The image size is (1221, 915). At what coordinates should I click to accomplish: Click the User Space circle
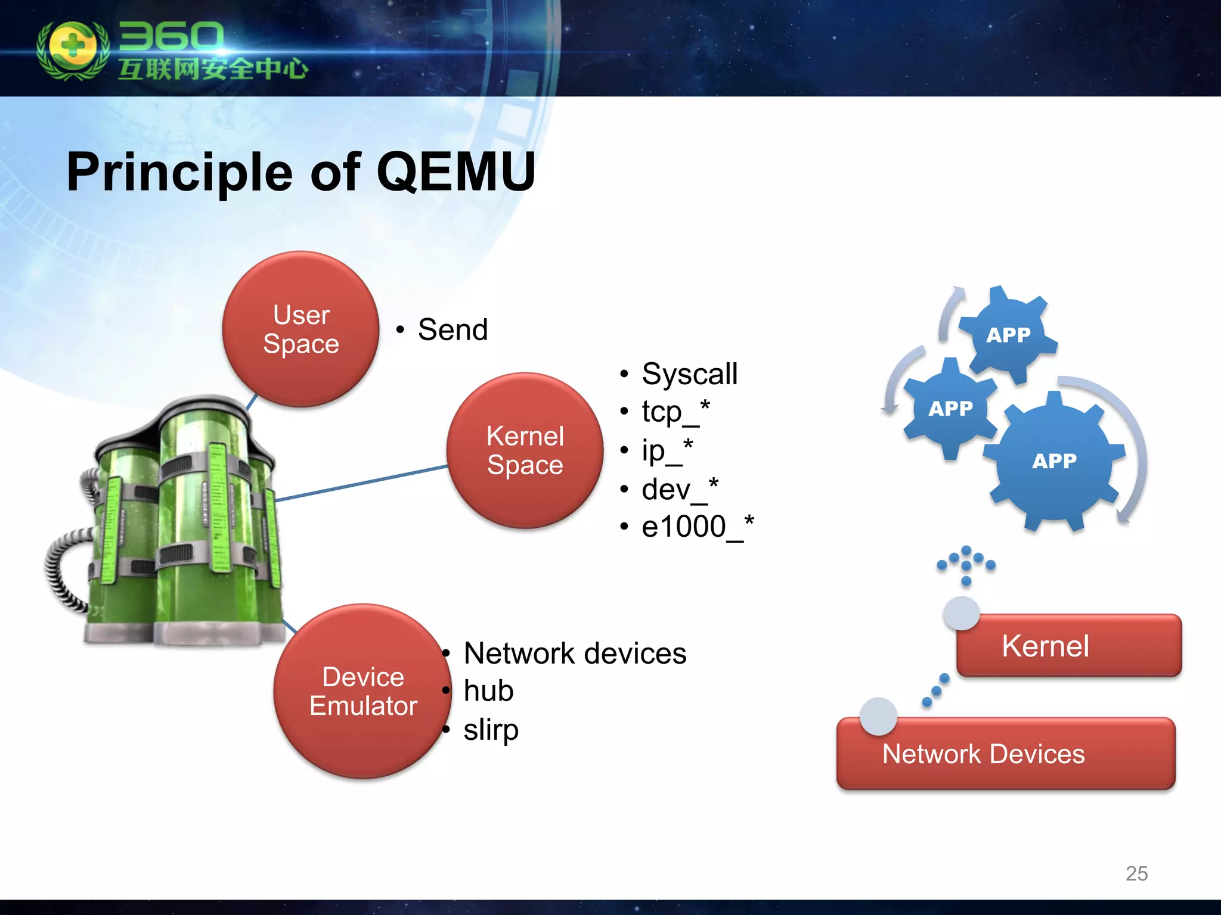tap(300, 329)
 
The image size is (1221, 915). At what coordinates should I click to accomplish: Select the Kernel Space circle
tap(525, 450)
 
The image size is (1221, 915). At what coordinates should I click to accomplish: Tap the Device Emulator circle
tap(362, 691)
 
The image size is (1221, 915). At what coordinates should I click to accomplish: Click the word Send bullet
tap(453, 329)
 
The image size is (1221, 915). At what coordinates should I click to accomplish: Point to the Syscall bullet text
tap(689, 374)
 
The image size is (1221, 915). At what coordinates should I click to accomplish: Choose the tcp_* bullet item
tap(675, 411)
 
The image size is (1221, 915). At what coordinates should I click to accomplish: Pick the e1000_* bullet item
tap(696, 527)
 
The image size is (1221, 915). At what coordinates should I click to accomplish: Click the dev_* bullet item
tap(680, 489)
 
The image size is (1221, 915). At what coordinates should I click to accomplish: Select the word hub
tap(488, 691)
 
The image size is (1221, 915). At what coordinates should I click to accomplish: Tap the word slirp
tap(491, 730)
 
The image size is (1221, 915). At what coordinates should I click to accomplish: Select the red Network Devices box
tap(1005, 754)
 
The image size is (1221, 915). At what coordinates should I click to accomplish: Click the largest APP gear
tap(1054, 460)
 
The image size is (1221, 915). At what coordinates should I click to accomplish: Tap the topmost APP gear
tap(1008, 335)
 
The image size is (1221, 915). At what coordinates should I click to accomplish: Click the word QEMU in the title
tap(455, 172)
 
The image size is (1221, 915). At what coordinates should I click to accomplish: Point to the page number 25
tap(1136, 873)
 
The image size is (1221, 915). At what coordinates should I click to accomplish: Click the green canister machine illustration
tap(179, 524)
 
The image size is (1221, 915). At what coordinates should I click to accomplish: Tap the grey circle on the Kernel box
tap(961, 612)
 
